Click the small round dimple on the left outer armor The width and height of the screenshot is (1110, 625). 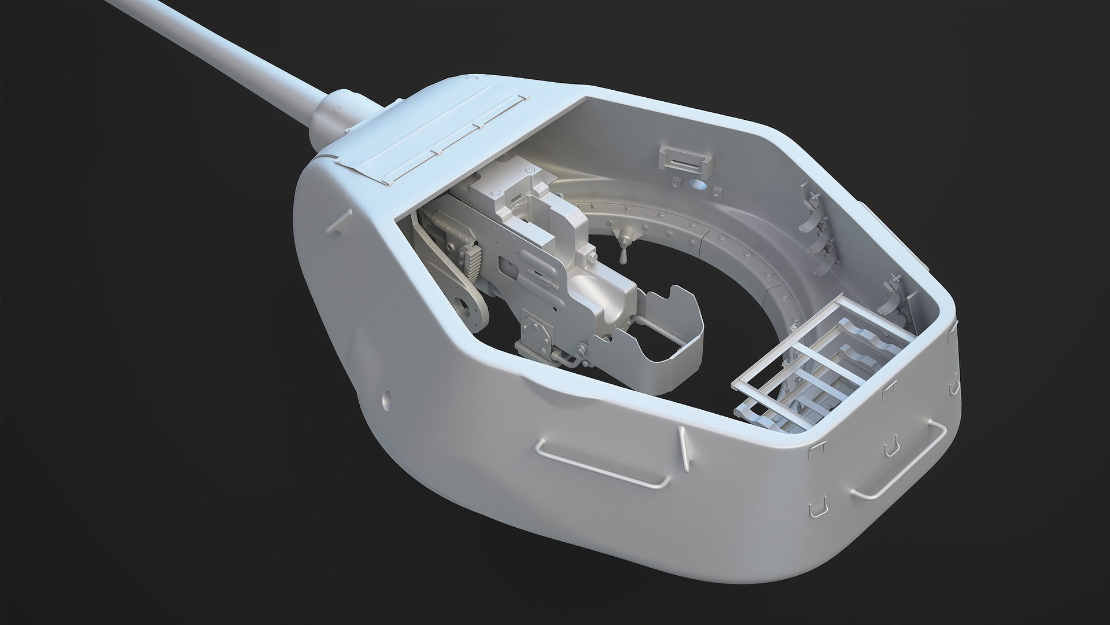coord(385,399)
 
